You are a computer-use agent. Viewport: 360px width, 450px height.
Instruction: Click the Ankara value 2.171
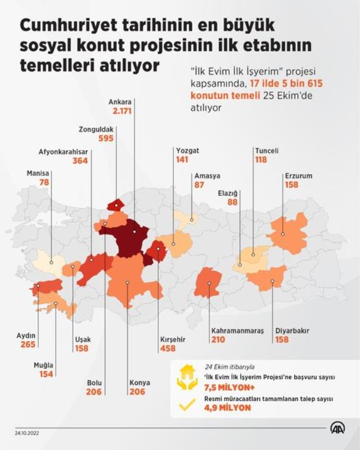121,112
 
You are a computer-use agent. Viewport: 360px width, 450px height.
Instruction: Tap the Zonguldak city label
96,129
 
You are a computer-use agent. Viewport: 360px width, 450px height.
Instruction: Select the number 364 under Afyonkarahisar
80,161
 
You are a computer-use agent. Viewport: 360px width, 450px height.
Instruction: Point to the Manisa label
38,173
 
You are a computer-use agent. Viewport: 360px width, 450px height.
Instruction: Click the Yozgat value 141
182,160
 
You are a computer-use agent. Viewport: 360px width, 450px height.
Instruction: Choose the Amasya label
206,175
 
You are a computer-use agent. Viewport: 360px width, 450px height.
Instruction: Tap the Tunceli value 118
260,160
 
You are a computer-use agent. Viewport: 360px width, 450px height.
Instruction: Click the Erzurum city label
298,175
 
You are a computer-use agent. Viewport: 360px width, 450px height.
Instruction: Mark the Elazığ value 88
232,202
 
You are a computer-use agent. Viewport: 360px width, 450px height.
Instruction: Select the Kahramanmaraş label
237,331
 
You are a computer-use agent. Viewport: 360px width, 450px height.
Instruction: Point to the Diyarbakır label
292,331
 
